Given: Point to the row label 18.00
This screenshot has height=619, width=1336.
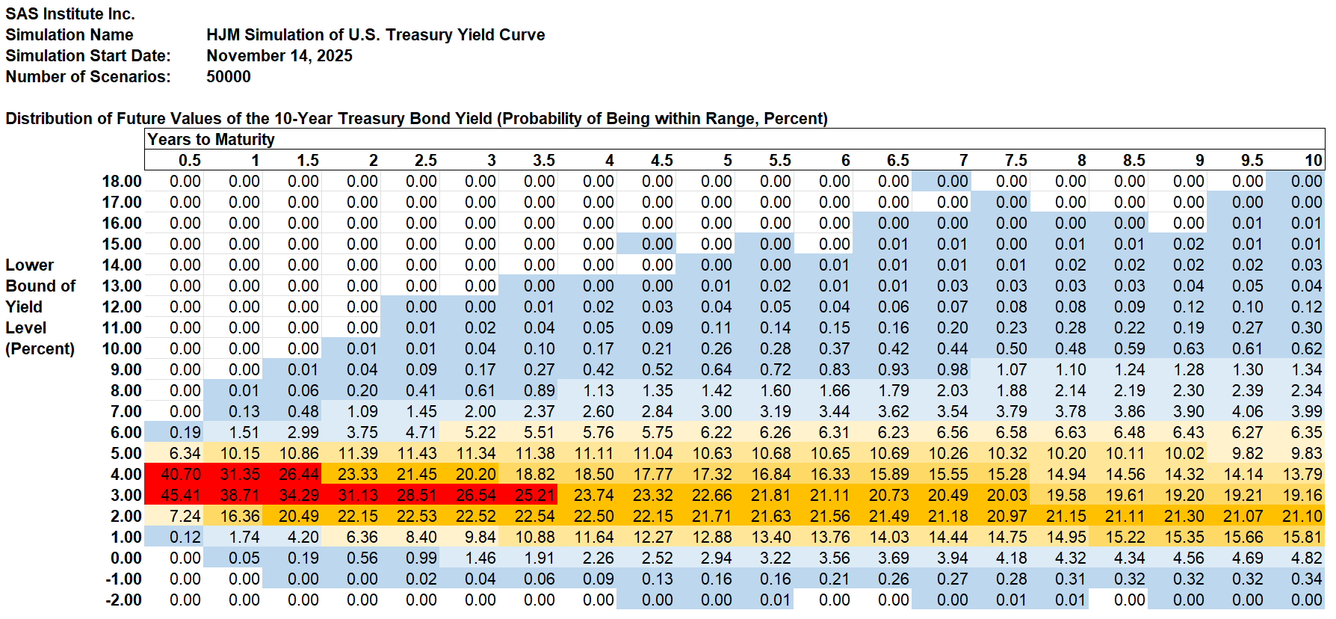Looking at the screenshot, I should coord(122,181).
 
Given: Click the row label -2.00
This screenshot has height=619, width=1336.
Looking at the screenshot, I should coord(123,600).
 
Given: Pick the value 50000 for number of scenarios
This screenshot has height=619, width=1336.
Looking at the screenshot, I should coord(229,76).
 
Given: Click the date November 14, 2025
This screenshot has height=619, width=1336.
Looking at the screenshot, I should coord(279,55).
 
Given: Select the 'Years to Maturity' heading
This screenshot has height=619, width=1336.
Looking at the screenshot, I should coord(211,139).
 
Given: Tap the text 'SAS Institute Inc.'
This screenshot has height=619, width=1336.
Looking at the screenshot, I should coord(70,13).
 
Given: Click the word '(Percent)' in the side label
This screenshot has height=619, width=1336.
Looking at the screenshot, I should coord(40,348).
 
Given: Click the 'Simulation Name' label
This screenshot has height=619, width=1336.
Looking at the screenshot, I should coord(69,34).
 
